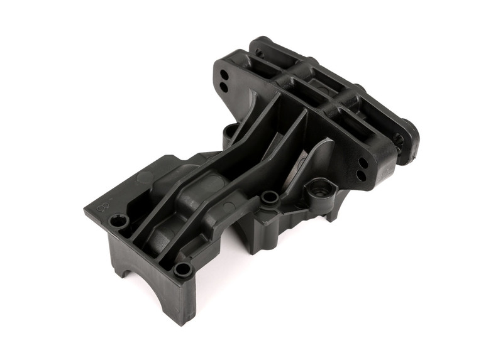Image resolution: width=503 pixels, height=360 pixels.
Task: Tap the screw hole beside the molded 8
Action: tap(119, 221)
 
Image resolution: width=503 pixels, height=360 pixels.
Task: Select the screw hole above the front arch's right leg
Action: tap(183, 270)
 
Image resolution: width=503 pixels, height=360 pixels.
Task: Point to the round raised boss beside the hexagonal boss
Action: tap(270, 198)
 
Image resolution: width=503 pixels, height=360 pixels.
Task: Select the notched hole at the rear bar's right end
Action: tap(397, 140)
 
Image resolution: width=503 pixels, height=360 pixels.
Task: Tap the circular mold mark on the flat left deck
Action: tap(145, 177)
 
